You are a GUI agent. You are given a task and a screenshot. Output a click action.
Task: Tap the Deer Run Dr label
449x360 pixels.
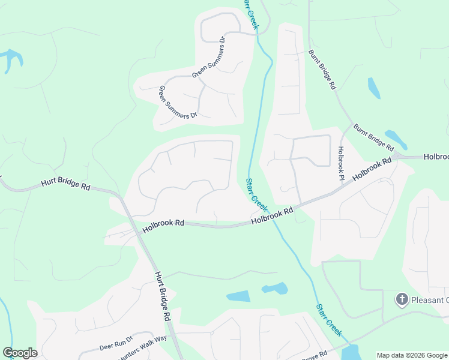(x=116, y=343)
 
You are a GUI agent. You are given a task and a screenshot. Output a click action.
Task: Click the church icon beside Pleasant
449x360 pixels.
(x=402, y=299)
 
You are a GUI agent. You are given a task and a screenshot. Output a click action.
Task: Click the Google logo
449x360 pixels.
(x=20, y=353)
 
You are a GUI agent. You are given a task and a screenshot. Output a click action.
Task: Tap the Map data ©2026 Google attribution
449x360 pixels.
(x=412, y=355)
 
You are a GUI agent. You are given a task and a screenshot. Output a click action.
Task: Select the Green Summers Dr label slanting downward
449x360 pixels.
(x=177, y=102)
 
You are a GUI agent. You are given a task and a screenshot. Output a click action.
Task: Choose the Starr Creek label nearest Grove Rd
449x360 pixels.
(x=328, y=320)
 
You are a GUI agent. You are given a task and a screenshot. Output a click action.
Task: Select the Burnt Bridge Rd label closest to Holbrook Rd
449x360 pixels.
(x=373, y=137)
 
